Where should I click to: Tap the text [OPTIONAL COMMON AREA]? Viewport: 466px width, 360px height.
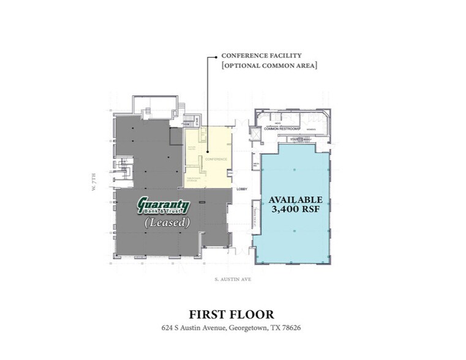269,66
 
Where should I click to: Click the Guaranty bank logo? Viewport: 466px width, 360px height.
163,206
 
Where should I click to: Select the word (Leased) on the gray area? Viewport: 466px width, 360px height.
167,223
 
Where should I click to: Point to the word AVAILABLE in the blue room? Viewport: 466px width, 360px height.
296,200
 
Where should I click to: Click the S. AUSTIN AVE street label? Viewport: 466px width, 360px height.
233,279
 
